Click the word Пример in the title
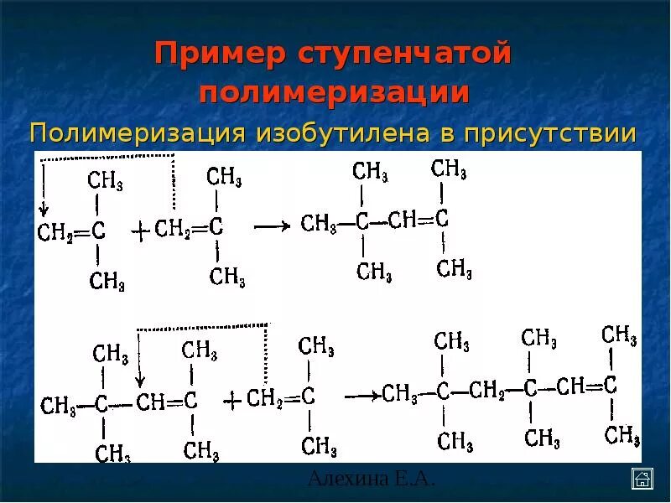219,54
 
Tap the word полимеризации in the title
334,92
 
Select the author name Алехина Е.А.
371,479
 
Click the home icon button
642,479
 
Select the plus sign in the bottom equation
231,399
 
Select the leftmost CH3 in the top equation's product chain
319,223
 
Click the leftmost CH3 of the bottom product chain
400,393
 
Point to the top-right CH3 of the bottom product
619,334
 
